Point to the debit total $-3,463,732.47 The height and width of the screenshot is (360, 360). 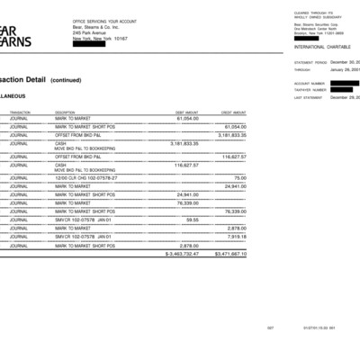[182, 254]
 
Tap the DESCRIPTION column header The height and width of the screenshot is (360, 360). [66, 112]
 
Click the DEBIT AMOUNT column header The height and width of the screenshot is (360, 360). [186, 112]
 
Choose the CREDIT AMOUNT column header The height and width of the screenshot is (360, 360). [233, 112]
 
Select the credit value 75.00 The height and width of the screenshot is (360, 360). [240, 178]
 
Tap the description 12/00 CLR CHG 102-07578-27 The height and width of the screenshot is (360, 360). [86, 178]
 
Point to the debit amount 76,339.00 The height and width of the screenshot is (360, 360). [187, 203]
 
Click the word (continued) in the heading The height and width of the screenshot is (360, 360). [66, 80]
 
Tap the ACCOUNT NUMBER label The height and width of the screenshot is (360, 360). [308, 84]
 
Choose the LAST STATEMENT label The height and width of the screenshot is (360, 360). [308, 96]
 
